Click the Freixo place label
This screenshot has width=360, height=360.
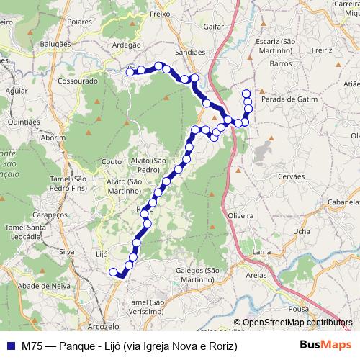pos(158,13)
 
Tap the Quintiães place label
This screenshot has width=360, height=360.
pos(24,122)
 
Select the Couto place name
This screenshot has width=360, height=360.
pos(112,161)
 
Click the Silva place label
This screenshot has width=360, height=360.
pos(67,251)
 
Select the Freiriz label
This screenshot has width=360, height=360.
pos(322,50)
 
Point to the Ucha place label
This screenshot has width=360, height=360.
pos(302,231)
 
